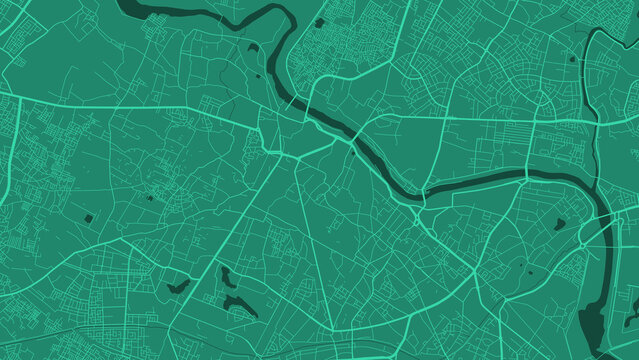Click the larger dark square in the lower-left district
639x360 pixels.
(88, 217)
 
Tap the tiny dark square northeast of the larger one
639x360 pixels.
(150, 198)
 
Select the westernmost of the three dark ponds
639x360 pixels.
(180, 287)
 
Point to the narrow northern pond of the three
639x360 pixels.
(226, 275)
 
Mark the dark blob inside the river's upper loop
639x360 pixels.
(253, 47)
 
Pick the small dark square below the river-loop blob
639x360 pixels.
(258, 74)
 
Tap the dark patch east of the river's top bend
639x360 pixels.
(319, 22)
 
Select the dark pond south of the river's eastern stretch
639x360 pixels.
(560, 224)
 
